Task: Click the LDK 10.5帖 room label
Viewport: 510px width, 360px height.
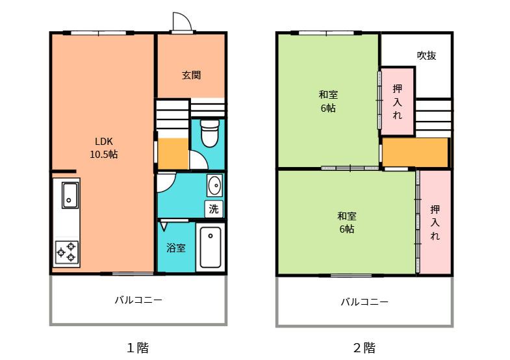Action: click(x=103, y=148)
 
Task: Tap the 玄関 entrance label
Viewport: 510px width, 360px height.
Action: click(x=191, y=75)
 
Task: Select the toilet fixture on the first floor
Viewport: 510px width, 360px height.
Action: click(x=209, y=133)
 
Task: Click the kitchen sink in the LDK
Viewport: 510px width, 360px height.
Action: click(x=70, y=194)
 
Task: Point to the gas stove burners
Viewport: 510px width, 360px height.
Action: click(x=67, y=252)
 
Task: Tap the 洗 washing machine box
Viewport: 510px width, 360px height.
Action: click(x=214, y=209)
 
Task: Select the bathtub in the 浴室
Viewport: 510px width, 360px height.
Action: click(x=210, y=247)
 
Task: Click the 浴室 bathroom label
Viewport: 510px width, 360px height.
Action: click(x=176, y=248)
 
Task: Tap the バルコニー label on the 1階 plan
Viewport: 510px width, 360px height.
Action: click(x=138, y=300)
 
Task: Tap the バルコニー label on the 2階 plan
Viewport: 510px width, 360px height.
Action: click(x=364, y=302)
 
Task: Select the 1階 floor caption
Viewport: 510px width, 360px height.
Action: click(x=138, y=348)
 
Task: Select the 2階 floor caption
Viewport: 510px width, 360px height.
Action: click(x=364, y=348)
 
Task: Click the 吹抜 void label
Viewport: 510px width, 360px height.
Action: click(x=426, y=56)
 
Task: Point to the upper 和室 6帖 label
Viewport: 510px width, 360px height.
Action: click(x=327, y=101)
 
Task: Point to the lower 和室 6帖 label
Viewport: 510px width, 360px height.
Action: click(x=346, y=222)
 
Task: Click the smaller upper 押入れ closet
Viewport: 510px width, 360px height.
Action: click(x=397, y=101)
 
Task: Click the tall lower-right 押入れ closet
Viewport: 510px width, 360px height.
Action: click(x=435, y=222)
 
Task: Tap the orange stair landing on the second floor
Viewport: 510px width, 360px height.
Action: click(x=414, y=153)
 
